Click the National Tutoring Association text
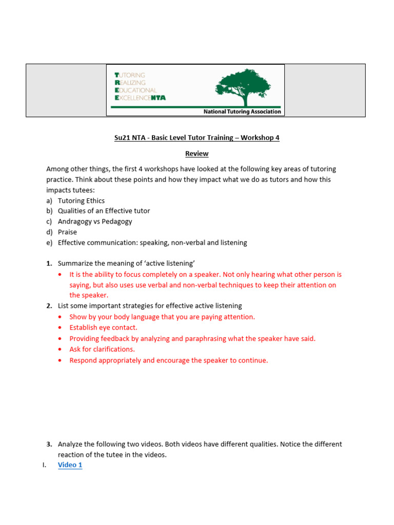coord(242,111)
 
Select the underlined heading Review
coord(196,153)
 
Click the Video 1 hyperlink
coord(70,465)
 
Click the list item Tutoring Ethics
coord(81,200)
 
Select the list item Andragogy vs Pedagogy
coord(95,221)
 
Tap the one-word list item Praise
coord(67,232)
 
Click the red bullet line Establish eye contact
coord(103,328)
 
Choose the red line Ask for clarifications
coord(102,349)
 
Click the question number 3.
coord(49,444)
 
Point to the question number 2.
coord(49,306)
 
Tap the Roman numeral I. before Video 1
coord(45,465)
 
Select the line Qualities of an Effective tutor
coord(104,211)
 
